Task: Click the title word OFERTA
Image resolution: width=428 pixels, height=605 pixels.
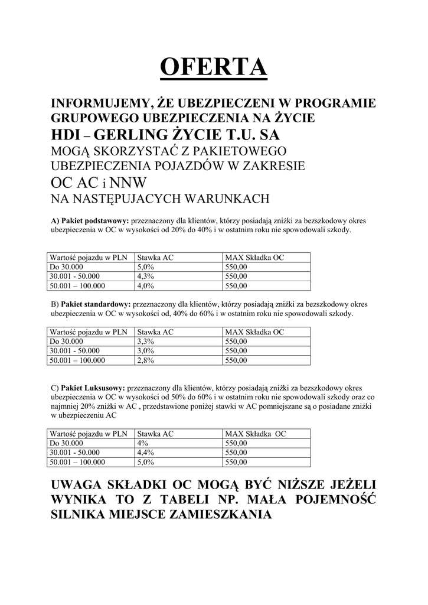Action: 214,67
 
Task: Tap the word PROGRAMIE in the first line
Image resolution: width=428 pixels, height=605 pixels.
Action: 334,103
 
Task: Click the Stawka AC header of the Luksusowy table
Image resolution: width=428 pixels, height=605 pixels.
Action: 155,434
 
